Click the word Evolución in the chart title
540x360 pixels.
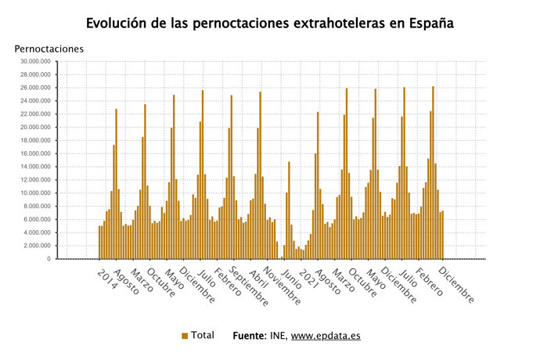pyautogui.click(x=121, y=23)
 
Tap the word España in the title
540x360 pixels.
pyautogui.click(x=427, y=23)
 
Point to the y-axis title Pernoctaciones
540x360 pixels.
pyautogui.click(x=49, y=49)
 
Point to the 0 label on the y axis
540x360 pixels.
pyautogui.click(x=49, y=259)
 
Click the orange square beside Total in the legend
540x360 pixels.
pyautogui.click(x=185, y=336)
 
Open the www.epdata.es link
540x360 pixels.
pyautogui.click(x=326, y=336)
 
